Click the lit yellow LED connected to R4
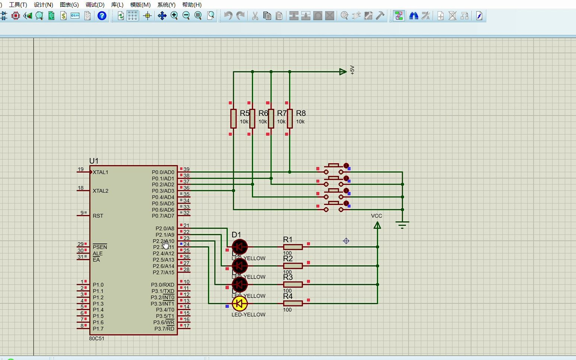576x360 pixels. (x=240, y=303)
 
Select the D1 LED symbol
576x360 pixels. (x=240, y=247)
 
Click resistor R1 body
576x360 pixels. (x=293, y=247)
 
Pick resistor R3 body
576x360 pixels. (x=293, y=285)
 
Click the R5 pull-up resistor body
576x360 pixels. (x=233, y=118)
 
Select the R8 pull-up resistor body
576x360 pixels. (x=289, y=118)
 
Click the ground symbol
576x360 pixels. (x=402, y=224)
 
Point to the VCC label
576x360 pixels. (x=377, y=216)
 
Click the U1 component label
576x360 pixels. (x=94, y=161)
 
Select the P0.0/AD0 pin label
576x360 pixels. (x=163, y=172)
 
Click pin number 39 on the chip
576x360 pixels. (x=186, y=169)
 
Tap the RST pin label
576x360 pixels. (x=98, y=216)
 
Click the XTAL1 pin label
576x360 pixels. (x=100, y=172)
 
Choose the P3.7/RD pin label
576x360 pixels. (x=164, y=328)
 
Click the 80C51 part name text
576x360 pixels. (x=97, y=338)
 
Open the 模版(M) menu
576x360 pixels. (x=140, y=4)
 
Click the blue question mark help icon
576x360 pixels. (x=102, y=16)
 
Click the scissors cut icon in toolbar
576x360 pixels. (x=255, y=16)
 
